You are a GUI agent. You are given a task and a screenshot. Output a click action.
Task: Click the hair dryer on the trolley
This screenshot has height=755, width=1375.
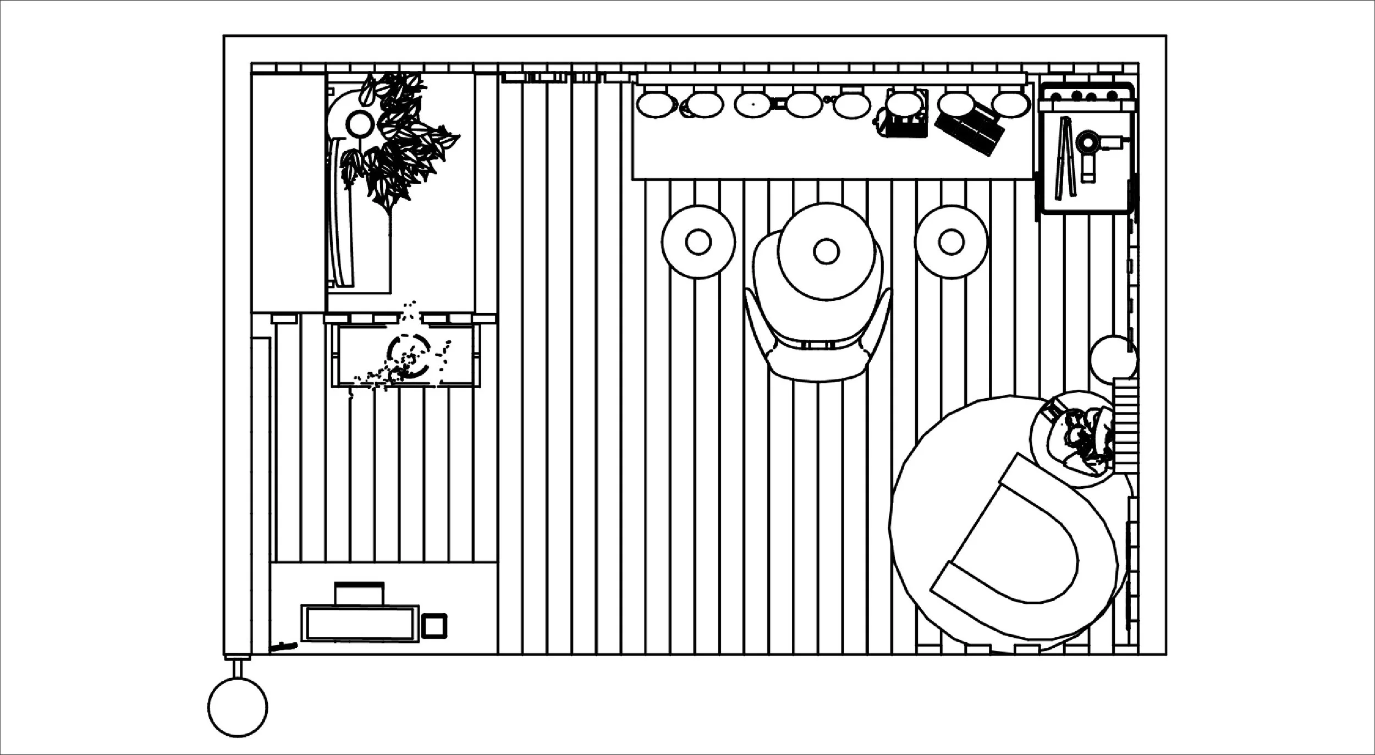coord(1088,146)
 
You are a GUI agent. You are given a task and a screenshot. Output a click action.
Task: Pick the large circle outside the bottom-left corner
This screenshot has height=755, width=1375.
coord(238,707)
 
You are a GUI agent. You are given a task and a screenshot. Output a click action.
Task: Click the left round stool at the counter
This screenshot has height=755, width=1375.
coord(698,242)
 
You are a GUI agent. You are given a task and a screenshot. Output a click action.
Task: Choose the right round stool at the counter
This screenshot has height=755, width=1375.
coord(950,242)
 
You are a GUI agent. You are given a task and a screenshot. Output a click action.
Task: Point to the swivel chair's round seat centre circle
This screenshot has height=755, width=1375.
coord(826,251)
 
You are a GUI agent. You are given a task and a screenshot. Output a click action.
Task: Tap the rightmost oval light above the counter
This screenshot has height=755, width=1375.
coord(1011,104)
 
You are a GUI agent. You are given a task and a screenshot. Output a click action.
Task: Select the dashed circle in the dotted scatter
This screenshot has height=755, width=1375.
coord(409,356)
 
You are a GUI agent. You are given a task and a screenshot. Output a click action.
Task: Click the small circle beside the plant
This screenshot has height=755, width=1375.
coord(360,124)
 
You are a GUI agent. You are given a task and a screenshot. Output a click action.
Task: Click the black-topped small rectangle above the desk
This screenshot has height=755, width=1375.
coord(359,593)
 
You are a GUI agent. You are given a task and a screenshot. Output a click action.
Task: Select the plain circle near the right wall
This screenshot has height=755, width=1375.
coord(1112,357)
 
